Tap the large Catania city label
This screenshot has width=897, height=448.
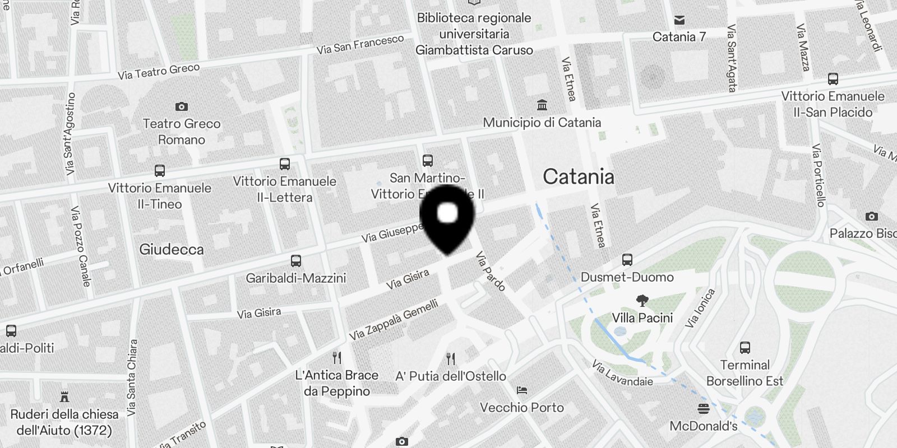pos(578,177)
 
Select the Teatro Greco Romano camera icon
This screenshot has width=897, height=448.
pos(181,106)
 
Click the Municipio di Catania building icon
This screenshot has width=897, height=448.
pos(542,105)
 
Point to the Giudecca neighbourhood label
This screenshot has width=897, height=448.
pos(172,250)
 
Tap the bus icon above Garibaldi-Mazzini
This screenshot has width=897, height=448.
pos(295,261)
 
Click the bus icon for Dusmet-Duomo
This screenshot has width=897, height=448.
pos(627,260)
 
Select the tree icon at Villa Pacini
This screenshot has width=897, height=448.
pos(642,301)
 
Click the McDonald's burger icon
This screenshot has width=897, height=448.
pos(704,408)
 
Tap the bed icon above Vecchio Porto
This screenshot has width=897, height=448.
pos(522,390)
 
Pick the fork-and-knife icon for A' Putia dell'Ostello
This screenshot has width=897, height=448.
pos(451,358)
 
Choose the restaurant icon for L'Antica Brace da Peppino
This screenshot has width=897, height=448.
pos(337,357)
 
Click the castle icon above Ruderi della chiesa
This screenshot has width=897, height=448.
pos(64,397)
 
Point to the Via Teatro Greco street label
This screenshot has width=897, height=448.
pos(159,71)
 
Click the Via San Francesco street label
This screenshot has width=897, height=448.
pos(360,44)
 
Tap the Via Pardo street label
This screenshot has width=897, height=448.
pos(491,271)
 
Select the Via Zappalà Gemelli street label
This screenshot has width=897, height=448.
pos(394,320)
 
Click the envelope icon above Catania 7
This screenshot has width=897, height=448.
pos(679,20)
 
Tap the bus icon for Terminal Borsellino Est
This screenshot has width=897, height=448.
pos(745,348)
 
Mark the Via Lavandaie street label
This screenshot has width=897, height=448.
pos(622,373)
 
